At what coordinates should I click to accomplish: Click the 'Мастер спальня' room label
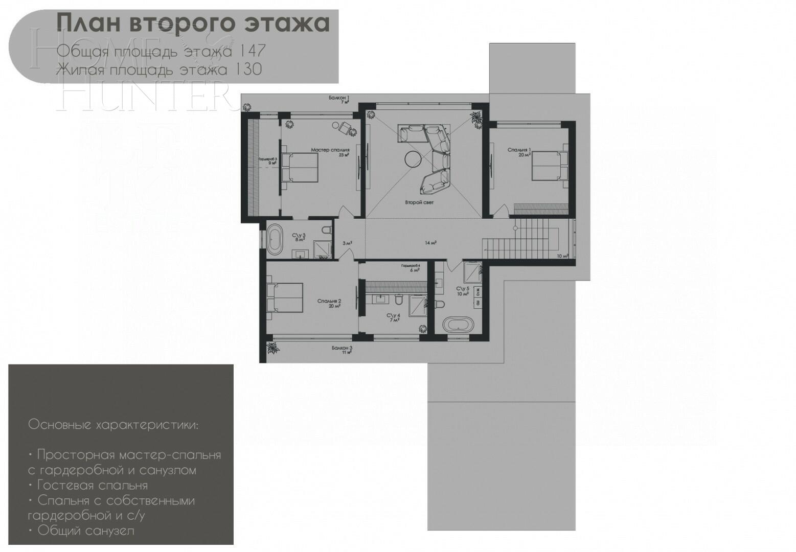[x=330, y=150]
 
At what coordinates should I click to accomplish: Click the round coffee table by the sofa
[x=412, y=159]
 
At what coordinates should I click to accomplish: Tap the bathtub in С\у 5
[x=458, y=325]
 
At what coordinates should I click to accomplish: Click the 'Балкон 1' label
[x=339, y=98]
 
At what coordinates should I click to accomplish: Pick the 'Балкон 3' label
[x=342, y=348]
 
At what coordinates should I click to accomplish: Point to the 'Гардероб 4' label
[x=411, y=266]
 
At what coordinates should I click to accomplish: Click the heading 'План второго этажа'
[x=193, y=23]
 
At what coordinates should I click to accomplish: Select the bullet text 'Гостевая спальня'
[x=92, y=485]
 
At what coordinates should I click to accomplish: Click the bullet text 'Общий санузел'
[x=85, y=531]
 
